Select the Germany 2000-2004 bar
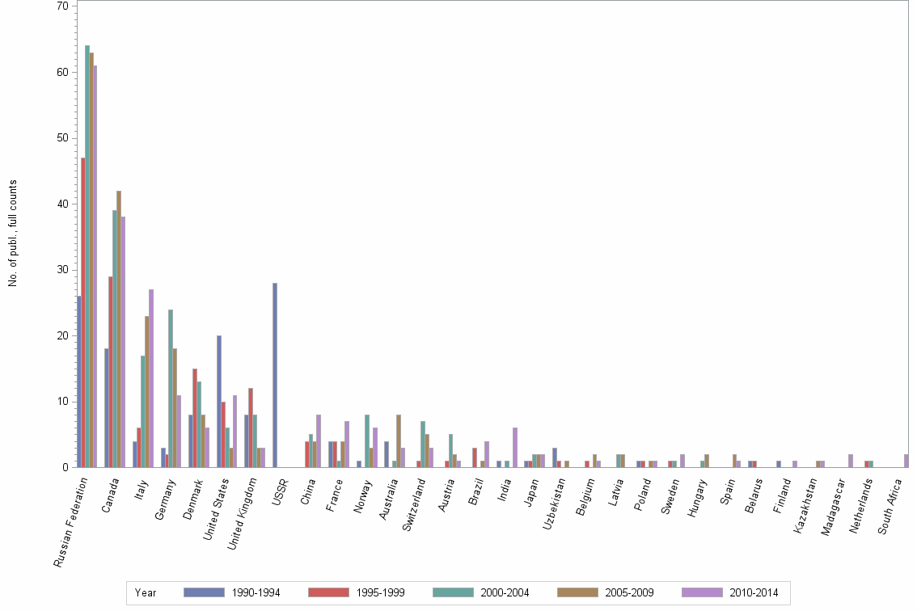(171, 388)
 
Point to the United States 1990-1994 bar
(219, 401)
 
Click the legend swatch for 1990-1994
(204, 592)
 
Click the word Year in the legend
(146, 592)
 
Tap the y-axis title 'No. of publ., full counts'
(13, 234)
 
